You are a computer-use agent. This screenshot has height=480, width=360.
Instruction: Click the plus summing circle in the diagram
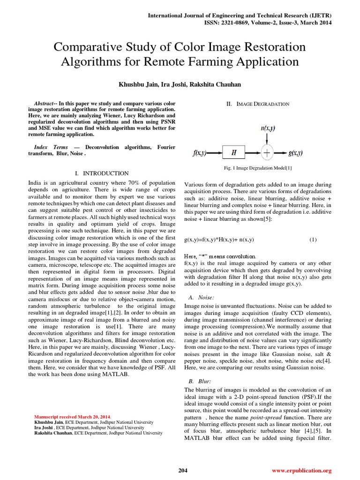click(267, 153)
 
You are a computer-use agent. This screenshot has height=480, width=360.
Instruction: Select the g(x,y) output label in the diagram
click(296, 153)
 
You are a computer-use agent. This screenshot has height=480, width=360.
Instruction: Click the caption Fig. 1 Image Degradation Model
click(258, 168)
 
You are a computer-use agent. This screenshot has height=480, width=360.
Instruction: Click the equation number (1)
click(313, 240)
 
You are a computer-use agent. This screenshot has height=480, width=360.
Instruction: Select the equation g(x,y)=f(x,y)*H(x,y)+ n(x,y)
click(219, 240)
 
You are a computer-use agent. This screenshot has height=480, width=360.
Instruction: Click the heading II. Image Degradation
click(258, 104)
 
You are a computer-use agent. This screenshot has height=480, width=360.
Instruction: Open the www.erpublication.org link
click(301, 470)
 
